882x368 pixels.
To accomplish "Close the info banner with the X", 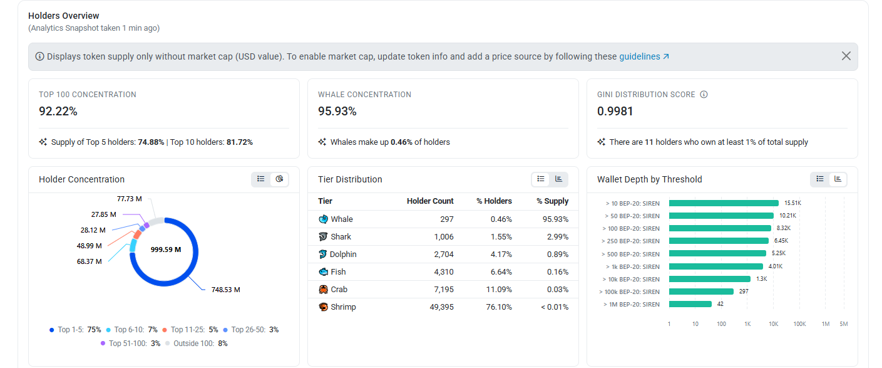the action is coord(846,56).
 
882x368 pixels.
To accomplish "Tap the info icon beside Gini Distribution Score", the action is coord(704,94).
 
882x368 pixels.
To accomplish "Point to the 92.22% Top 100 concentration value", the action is coord(58,111).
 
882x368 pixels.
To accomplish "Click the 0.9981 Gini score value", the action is coord(615,111).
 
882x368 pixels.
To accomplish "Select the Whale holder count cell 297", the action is coord(446,219).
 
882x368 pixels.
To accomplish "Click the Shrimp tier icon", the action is coord(323,307).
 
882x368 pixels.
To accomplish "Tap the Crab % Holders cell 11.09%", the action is coord(499,289).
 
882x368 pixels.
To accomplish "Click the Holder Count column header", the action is coord(430,201).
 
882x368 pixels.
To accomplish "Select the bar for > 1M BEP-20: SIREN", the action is coord(690,304).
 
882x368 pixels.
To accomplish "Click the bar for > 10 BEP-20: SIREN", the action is coord(724,203).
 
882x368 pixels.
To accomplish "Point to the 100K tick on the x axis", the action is coord(799,324).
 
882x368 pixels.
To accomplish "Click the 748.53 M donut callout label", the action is coord(225,290).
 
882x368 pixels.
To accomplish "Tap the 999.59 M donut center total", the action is coord(166,250).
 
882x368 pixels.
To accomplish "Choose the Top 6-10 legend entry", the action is coord(132,330).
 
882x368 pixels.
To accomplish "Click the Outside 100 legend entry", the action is coord(197,344).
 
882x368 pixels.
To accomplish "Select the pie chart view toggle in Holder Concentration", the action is coord(279,179).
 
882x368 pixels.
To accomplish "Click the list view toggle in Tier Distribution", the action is coord(541,179).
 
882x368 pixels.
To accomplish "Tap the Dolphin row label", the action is coord(342,254).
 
